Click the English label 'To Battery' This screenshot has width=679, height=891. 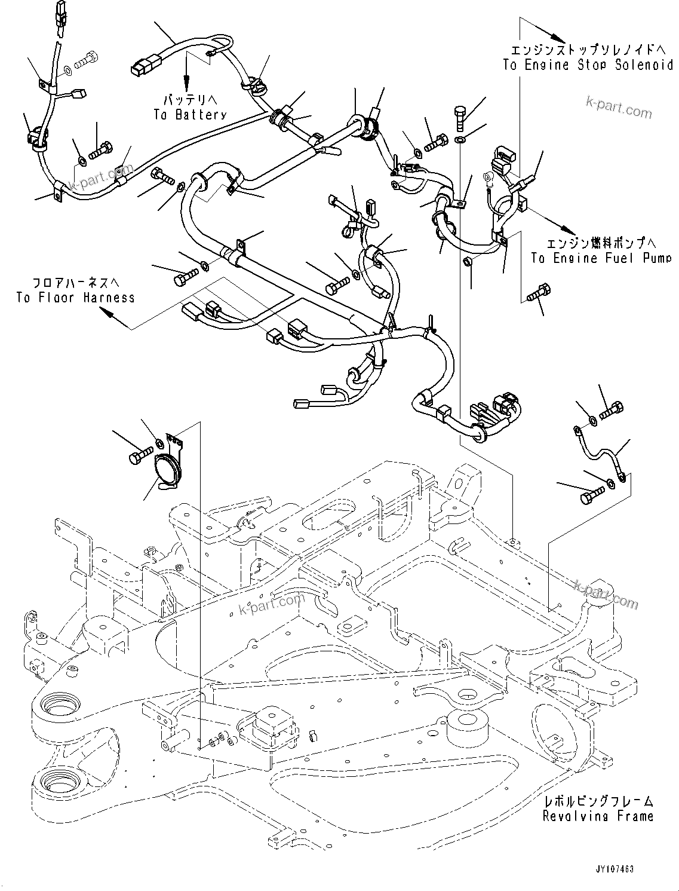tap(189, 115)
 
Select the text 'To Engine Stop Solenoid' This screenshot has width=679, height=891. tap(588, 66)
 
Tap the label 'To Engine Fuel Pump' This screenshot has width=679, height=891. tap(601, 258)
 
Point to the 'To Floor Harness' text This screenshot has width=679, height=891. tap(76, 298)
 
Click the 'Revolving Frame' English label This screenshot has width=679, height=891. tap(598, 816)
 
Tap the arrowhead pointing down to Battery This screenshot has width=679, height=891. tap(186, 82)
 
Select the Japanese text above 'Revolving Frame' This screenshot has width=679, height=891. tap(598, 801)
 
